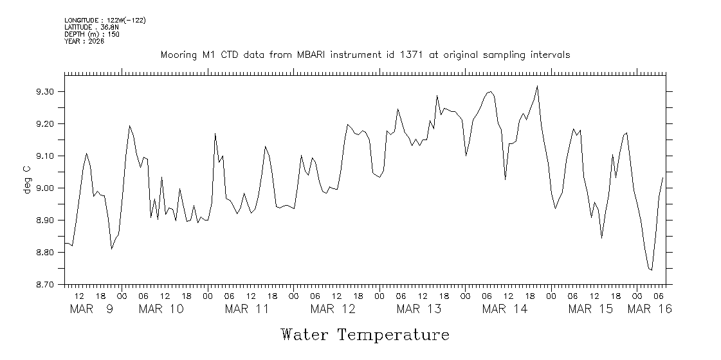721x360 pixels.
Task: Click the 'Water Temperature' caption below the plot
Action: pyautogui.click(x=365, y=334)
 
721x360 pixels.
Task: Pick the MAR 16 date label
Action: pyautogui.click(x=650, y=309)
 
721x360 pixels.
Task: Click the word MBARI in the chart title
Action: pyautogui.click(x=312, y=55)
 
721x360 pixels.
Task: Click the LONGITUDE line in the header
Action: pyautogui.click(x=105, y=21)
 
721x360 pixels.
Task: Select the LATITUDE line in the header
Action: pyautogui.click(x=91, y=28)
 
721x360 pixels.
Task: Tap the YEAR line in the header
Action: pyautogui.click(x=80, y=41)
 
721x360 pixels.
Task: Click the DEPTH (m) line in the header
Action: pyautogui.click(x=91, y=34)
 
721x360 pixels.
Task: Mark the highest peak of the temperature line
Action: pyautogui.click(x=537, y=86)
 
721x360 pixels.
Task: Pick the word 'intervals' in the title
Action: pyautogui.click(x=550, y=55)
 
